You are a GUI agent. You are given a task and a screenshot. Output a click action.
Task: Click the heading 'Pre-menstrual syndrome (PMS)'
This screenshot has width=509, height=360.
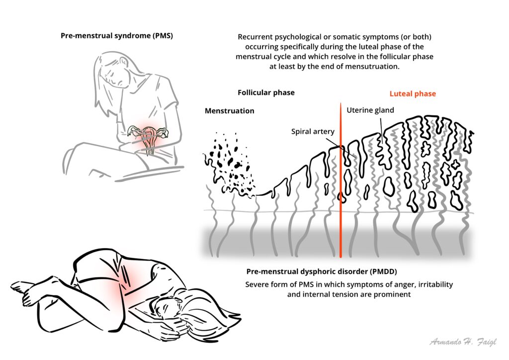[x=117, y=36]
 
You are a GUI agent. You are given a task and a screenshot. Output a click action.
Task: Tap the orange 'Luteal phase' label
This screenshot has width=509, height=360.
[x=412, y=93]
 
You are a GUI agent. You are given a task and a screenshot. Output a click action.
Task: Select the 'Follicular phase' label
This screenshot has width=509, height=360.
[x=266, y=92]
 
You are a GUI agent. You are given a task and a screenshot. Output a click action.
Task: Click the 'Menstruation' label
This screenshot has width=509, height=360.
[x=229, y=111]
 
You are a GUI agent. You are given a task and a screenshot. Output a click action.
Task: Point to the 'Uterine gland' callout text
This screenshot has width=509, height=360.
[x=370, y=110]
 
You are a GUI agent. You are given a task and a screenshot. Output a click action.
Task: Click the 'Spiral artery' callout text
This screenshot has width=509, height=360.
[x=313, y=132]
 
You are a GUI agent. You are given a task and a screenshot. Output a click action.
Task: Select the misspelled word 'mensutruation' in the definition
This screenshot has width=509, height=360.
[x=376, y=67]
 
